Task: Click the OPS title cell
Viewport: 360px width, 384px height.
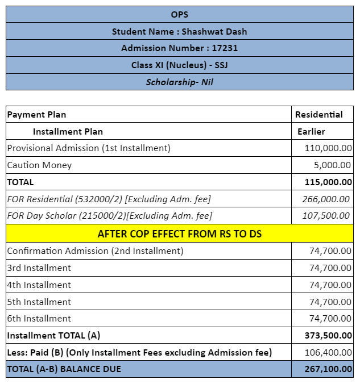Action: (180, 14)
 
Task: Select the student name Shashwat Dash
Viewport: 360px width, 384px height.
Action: (180, 31)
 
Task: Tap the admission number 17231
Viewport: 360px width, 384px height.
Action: (180, 48)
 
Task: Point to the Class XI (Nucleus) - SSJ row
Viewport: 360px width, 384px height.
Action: (180, 65)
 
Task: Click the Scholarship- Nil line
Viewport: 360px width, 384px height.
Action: (180, 82)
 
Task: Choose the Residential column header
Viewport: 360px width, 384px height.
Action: (319, 114)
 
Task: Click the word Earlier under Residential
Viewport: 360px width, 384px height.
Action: (312, 131)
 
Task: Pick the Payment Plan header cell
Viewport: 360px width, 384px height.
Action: (37, 114)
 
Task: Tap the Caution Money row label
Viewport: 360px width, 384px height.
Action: (40, 165)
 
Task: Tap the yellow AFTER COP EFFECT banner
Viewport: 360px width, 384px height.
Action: (180, 233)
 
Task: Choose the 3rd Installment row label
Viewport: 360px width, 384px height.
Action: (39, 268)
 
